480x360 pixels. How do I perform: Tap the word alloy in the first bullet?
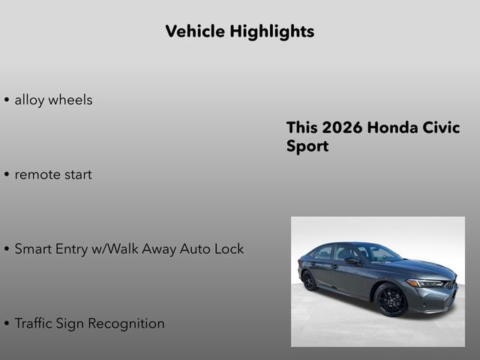click(x=30, y=100)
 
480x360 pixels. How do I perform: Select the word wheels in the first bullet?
click(x=70, y=100)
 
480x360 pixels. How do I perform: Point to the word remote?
click(x=37, y=175)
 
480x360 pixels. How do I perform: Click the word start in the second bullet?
click(x=78, y=175)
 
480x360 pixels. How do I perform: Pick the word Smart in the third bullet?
click(x=34, y=249)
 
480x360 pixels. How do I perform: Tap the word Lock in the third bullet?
click(x=229, y=249)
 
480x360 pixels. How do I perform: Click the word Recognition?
click(x=127, y=324)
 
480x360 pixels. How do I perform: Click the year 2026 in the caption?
click(x=340, y=128)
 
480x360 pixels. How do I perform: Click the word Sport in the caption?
click(x=307, y=146)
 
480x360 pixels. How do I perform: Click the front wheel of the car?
click(x=391, y=300)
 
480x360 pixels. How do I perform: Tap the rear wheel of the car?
click(x=309, y=281)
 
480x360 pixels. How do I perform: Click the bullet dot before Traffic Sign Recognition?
click(x=7, y=325)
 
